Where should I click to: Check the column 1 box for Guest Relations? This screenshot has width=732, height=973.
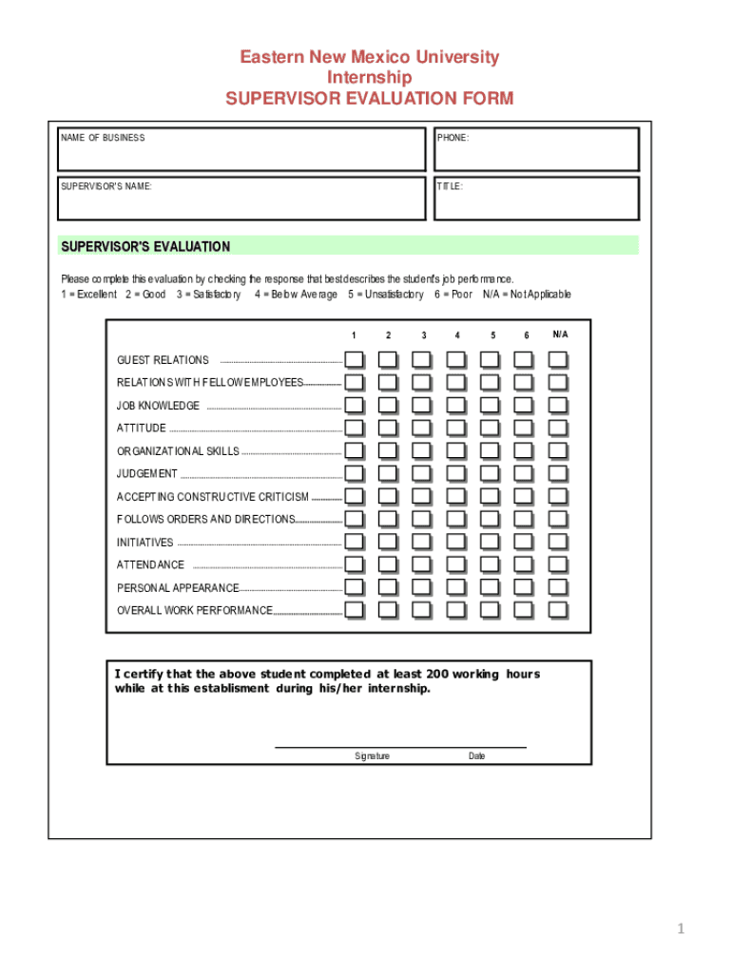click(354, 360)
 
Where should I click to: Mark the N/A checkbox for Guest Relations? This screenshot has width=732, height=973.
click(558, 360)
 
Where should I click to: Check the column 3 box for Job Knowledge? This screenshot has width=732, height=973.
click(422, 406)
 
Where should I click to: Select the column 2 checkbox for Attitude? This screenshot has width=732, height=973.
click(388, 429)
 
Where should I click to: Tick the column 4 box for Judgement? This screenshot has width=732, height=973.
click(456, 473)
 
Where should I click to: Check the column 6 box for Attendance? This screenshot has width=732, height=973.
click(524, 565)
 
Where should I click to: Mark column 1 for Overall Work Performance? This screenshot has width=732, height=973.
click(354, 610)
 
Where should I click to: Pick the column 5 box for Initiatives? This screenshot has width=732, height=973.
click(490, 543)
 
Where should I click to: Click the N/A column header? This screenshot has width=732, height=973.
click(560, 334)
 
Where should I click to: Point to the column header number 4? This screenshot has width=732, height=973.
click(457, 335)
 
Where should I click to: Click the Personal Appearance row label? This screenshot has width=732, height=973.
click(178, 588)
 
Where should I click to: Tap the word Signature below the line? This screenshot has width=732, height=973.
click(372, 756)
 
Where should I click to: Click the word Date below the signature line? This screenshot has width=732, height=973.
click(476, 756)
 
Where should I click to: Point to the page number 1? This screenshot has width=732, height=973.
click(682, 929)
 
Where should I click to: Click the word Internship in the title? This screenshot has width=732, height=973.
click(369, 78)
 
